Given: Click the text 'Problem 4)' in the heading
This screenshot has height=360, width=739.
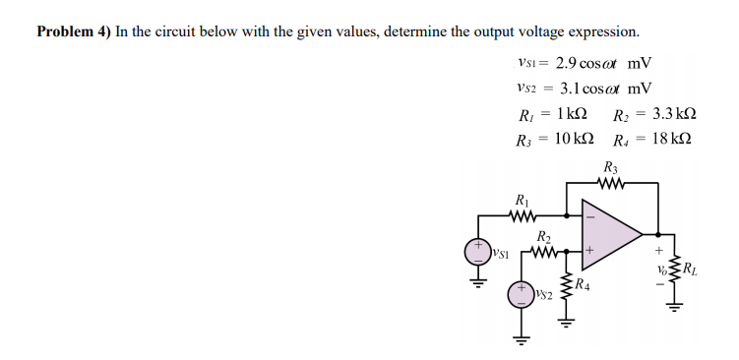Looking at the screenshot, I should [74, 30].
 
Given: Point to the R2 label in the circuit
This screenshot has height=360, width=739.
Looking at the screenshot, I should [543, 236].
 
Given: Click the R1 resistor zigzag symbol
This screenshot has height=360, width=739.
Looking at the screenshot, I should [523, 212].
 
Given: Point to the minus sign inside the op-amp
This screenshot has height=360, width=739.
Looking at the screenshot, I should [590, 216].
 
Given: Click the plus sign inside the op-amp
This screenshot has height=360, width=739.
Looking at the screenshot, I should [590, 252].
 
